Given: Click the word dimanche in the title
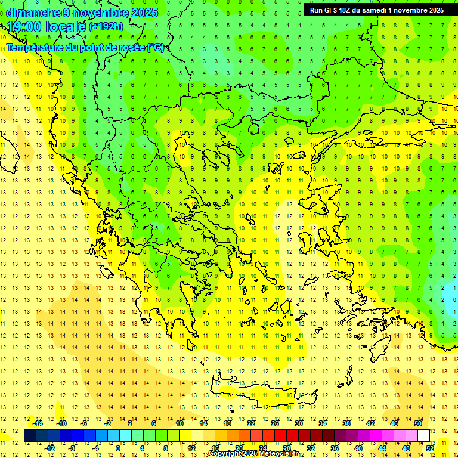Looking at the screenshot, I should point(33,13).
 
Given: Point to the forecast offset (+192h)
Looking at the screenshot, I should point(106,27).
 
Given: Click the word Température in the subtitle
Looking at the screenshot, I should point(35,47).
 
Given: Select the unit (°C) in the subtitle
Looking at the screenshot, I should point(155,47).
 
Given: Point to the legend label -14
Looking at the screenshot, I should point(37,423).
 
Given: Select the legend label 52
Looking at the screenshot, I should point(430,448).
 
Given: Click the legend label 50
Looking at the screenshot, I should point(418,423).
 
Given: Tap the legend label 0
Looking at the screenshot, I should point(118,448).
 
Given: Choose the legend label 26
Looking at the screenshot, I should point(276,423).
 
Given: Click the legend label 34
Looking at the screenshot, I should point(323,423).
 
